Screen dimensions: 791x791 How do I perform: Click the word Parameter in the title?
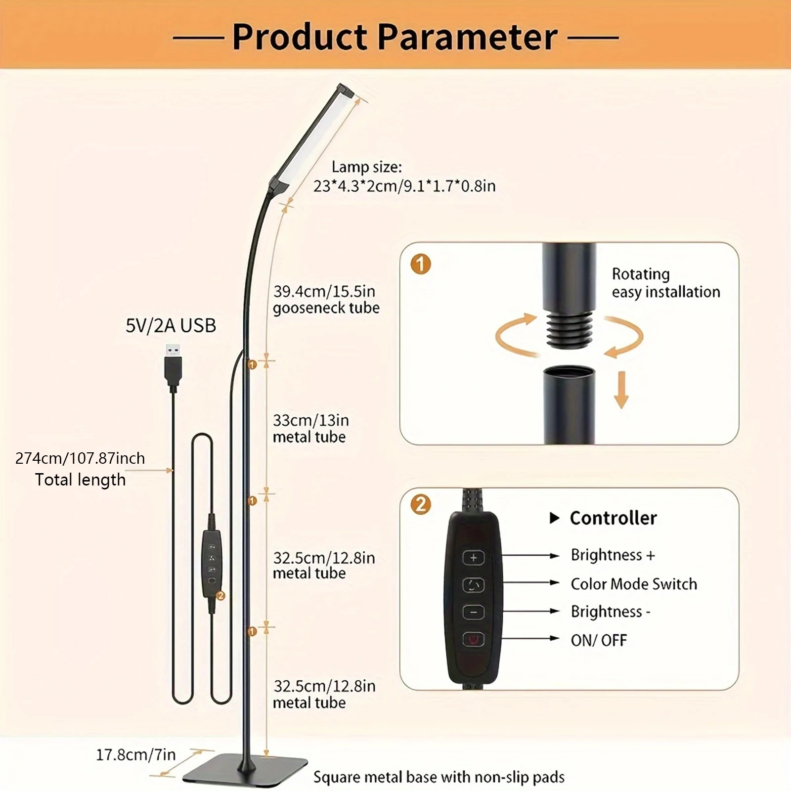click(468, 37)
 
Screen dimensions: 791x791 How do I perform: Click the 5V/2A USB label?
click(171, 326)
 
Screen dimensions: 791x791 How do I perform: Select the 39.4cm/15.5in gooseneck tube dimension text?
click(326, 299)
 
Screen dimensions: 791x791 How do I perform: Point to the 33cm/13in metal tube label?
click(310, 428)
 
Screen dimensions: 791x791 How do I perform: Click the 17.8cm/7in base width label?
click(135, 754)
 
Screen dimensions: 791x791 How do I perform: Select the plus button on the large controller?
click(473, 558)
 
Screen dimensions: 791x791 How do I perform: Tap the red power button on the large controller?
click(473, 640)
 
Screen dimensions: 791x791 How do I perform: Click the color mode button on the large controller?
click(473, 585)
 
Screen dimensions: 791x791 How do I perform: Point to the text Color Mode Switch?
click(634, 584)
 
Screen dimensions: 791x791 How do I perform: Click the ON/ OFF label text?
click(599, 641)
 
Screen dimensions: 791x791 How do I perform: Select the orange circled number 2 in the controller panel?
click(421, 504)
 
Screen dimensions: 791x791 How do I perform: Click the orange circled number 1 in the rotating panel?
click(421, 264)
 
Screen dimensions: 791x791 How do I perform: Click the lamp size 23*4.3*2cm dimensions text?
click(404, 186)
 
